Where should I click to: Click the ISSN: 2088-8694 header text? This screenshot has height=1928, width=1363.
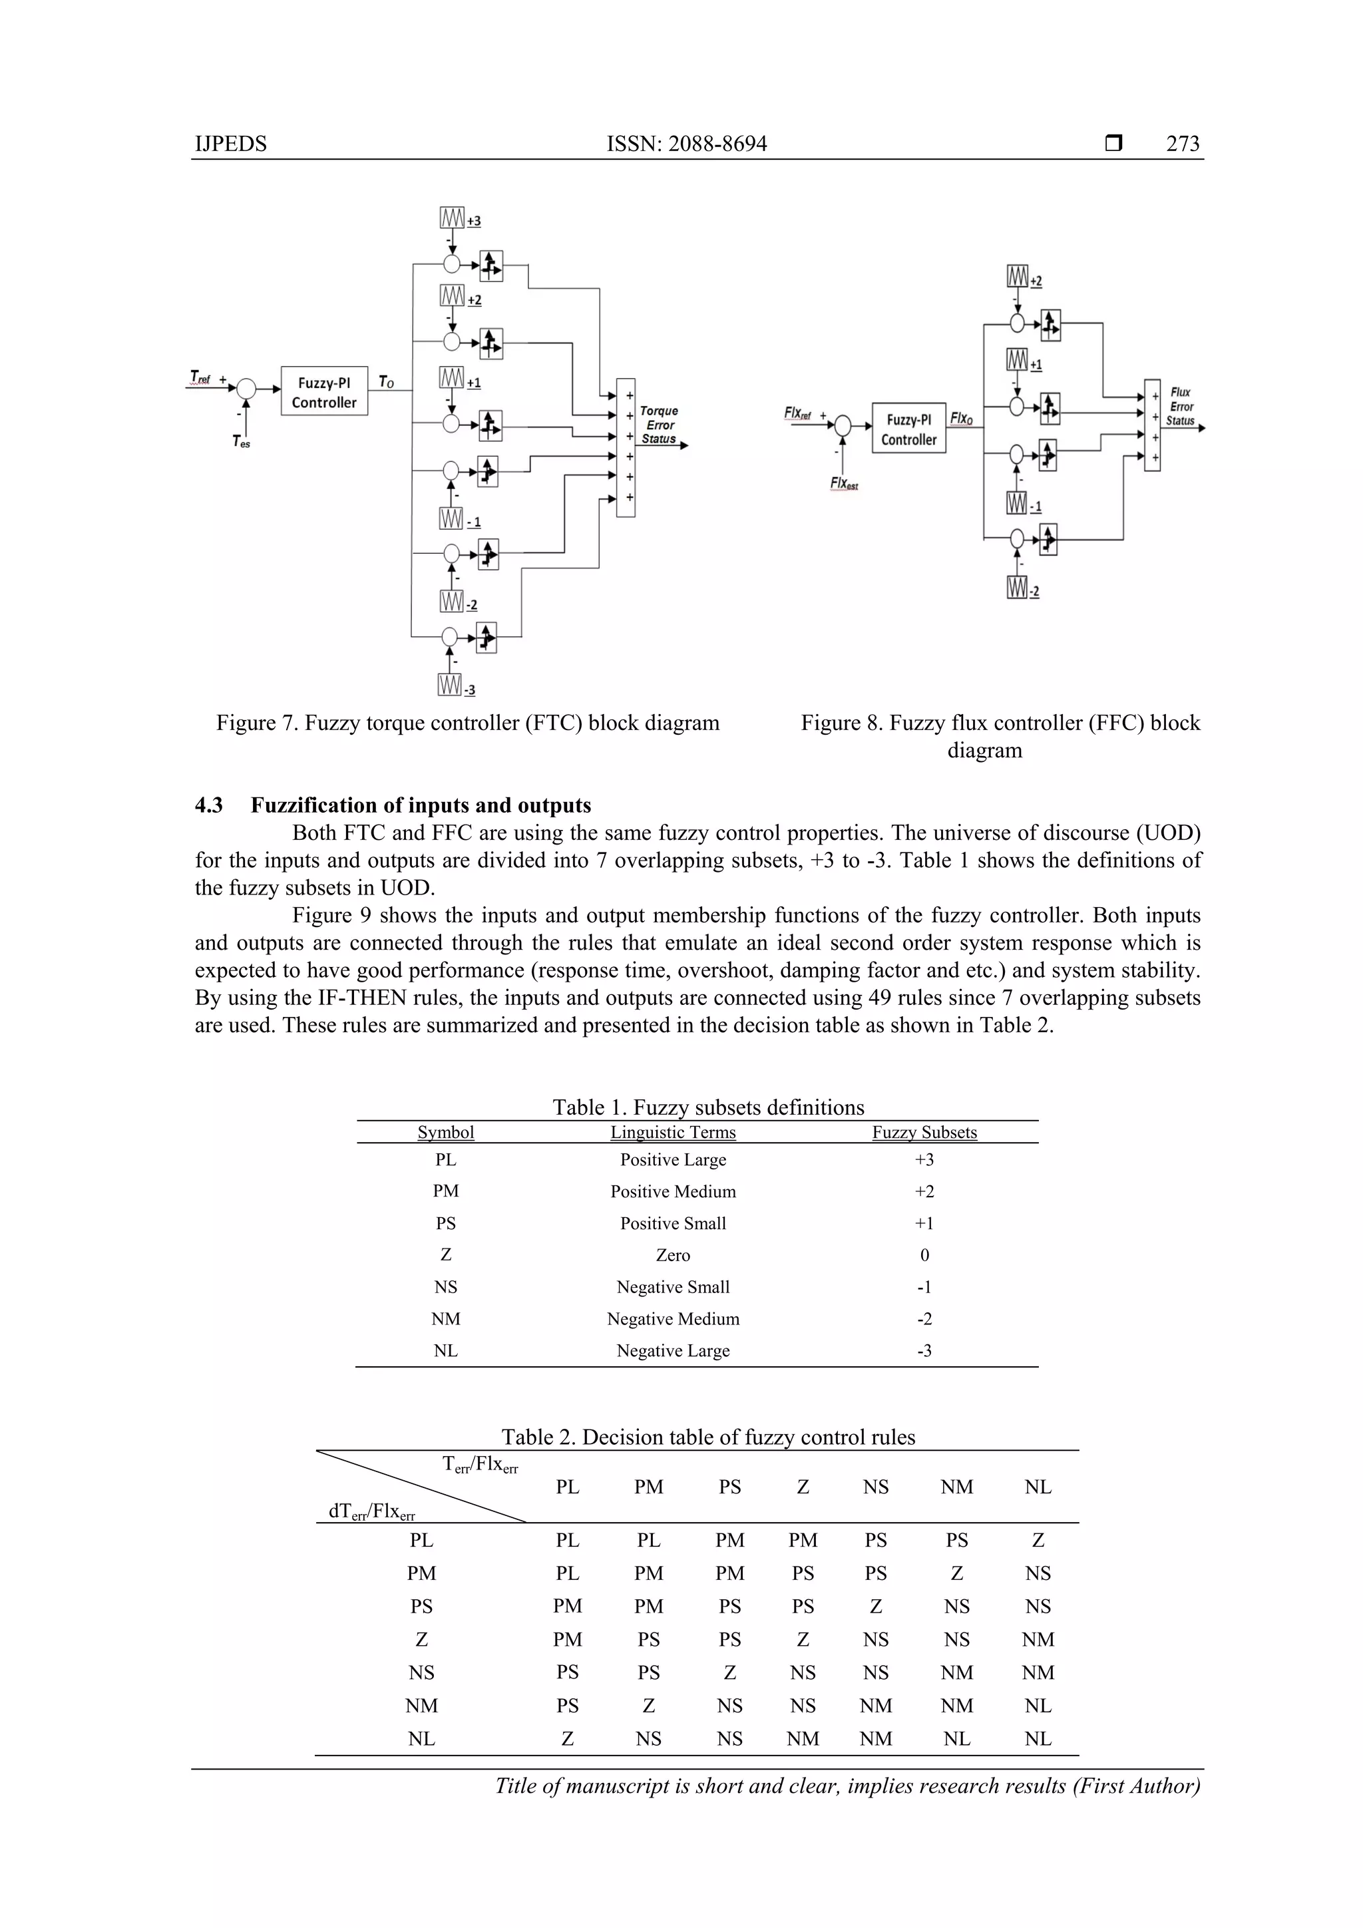pos(686,144)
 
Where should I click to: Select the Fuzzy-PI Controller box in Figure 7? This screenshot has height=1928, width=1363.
pos(324,391)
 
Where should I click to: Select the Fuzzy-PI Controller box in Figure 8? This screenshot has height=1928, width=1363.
pos(908,429)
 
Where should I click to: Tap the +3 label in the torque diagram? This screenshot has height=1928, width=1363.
pos(475,221)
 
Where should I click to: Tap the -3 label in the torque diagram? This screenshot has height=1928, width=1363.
pos(469,690)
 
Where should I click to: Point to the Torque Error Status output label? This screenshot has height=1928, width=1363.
pos(660,425)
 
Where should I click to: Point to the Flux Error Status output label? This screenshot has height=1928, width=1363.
pos(1180,407)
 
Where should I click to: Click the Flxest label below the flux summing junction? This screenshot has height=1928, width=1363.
pos(843,484)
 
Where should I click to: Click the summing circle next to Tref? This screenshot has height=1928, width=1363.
pos(246,389)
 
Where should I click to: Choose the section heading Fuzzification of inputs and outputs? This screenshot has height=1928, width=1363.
pos(420,805)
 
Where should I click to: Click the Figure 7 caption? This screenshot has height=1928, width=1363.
pos(468,723)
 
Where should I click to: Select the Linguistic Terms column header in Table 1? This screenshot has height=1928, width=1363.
pos(673,1132)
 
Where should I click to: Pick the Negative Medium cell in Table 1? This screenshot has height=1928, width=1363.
pos(673,1318)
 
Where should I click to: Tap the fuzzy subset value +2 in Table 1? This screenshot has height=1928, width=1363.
pos(924,1191)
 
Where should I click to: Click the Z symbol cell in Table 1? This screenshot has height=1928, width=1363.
pos(445,1254)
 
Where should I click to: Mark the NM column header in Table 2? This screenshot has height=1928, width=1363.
pos(956,1487)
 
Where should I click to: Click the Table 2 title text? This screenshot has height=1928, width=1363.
pos(708,1437)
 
